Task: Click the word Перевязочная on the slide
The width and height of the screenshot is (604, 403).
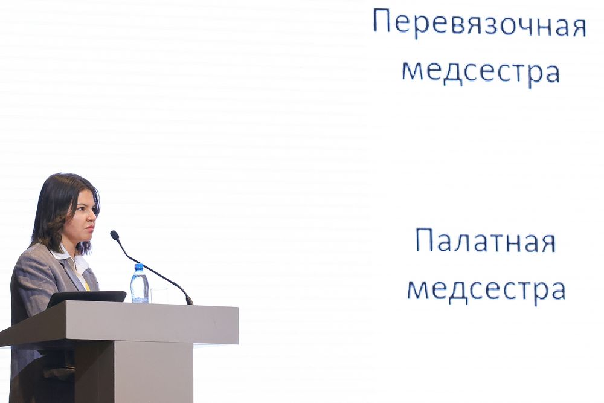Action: point(480,25)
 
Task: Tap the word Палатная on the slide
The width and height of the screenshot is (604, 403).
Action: point(486,241)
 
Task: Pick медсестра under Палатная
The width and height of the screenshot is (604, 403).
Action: point(486,290)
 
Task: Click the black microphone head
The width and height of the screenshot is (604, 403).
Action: point(115,235)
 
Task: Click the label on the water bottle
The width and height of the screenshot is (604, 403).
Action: point(139,285)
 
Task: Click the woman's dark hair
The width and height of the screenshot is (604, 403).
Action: point(58,208)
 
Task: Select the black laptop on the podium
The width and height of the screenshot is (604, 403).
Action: point(86,298)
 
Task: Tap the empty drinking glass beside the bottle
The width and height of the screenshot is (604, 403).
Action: point(158,295)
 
